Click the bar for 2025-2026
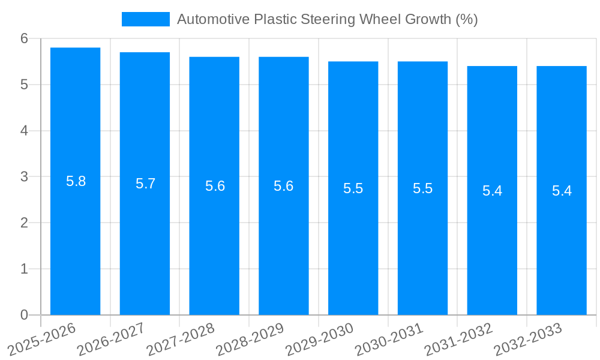(x=75, y=240)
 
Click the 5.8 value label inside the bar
(x=76, y=181)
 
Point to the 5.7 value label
(x=145, y=184)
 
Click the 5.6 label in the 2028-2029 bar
(x=284, y=186)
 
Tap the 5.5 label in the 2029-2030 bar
(x=353, y=188)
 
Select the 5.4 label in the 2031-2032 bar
(x=492, y=191)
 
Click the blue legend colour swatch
(x=145, y=19)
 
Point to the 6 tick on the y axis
(x=24, y=38)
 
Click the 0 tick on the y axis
(x=24, y=315)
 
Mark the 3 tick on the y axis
(x=24, y=177)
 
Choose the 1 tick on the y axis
(x=24, y=269)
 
